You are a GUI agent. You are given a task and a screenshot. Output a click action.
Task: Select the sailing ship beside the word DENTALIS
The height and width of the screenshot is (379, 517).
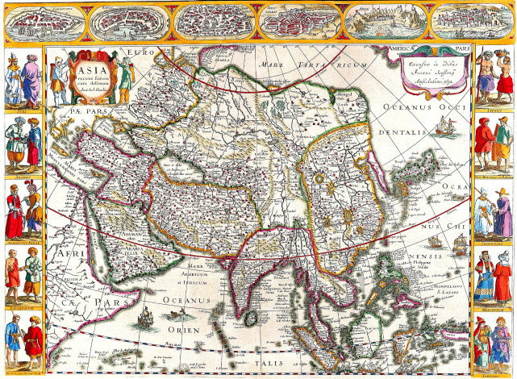point(442,127)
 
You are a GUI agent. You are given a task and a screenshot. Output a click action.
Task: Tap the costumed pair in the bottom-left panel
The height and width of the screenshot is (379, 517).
point(23,343)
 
